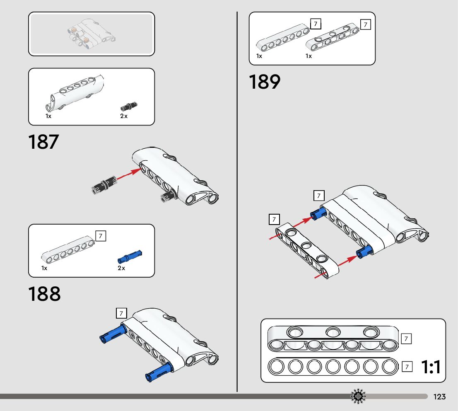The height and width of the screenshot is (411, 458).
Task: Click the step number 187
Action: coord(44,142)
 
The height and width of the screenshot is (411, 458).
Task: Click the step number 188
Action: coord(44,294)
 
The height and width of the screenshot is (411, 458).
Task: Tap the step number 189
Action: coord(265,82)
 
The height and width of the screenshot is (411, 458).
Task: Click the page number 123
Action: coord(439,397)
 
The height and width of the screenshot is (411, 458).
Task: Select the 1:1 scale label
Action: coord(431,367)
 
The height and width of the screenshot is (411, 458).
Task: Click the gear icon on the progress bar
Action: coord(358,396)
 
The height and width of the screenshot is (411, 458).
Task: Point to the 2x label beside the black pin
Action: coord(124,116)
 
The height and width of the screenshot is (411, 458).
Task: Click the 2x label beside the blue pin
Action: coord(121,268)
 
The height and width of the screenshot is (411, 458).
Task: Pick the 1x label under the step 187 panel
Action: coord(48,116)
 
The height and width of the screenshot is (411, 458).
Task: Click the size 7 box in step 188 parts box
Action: coord(101,236)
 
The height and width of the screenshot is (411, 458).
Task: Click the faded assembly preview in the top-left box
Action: coord(91,34)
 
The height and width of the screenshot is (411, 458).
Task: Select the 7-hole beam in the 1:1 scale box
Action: coord(333,366)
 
